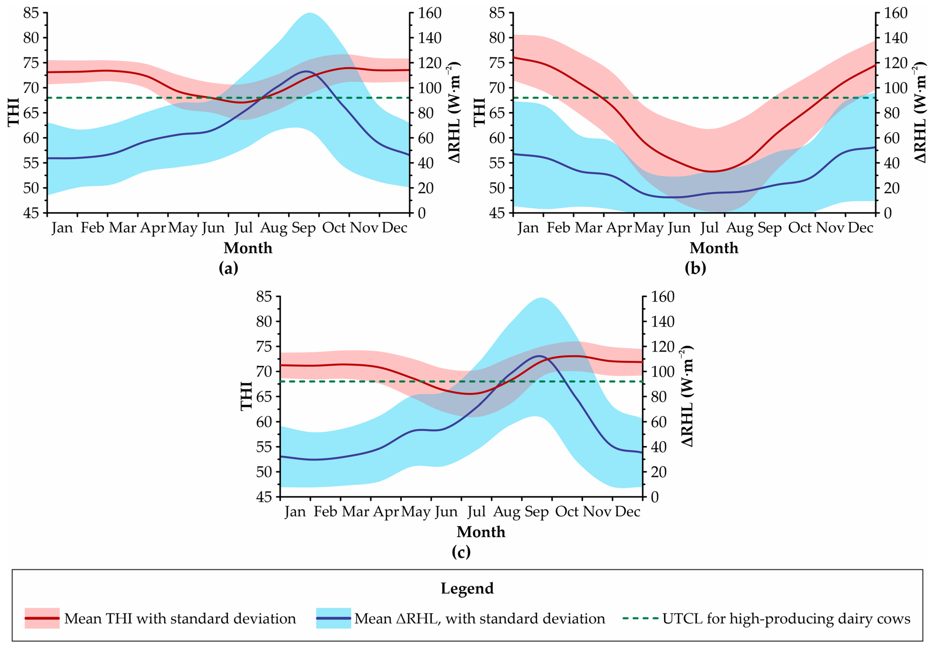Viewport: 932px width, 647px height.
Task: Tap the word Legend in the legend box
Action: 467,588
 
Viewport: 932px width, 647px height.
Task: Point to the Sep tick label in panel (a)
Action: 304,228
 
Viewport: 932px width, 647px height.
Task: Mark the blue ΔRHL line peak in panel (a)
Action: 306,71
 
